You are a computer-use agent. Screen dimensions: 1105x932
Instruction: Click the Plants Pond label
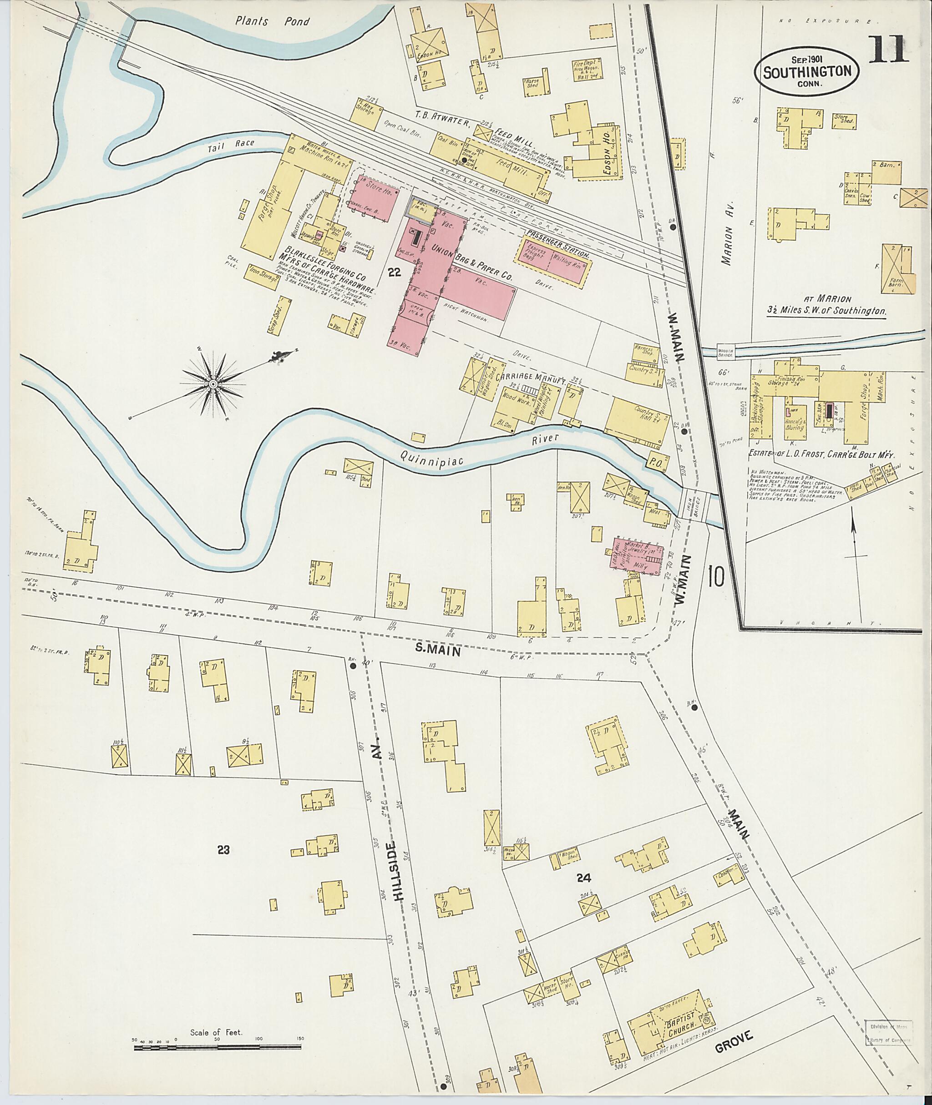[x=273, y=22]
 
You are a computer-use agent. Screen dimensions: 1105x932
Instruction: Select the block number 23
[x=224, y=850]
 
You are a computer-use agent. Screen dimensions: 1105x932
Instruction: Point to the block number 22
[x=394, y=272]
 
